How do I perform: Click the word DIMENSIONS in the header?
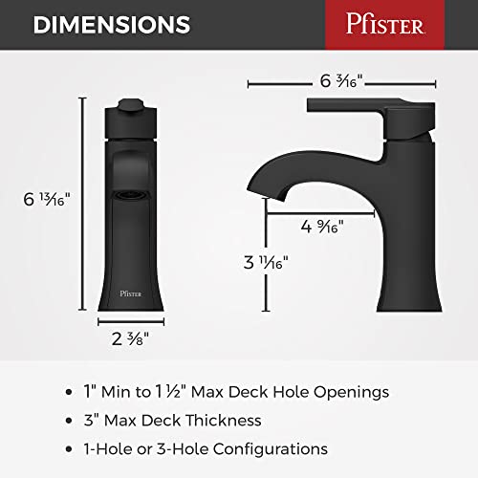112,24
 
